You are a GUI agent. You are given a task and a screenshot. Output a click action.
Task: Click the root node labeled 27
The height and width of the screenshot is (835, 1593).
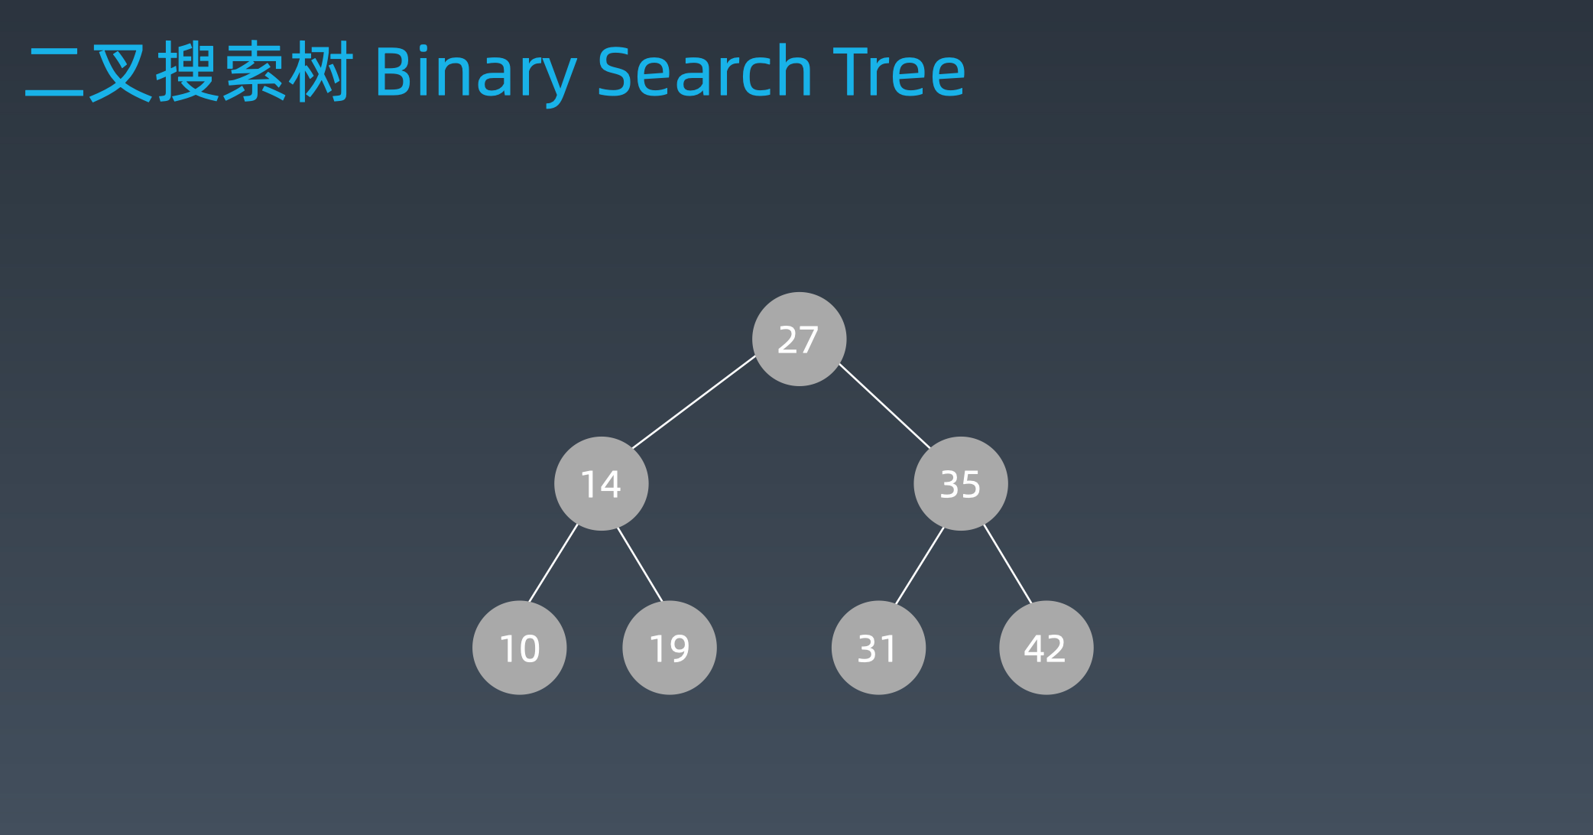coord(799,339)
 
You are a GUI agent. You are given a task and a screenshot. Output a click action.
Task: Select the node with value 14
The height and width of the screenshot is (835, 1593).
coord(601,483)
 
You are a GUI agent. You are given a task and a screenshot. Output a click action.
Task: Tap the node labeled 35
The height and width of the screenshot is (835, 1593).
coord(960,483)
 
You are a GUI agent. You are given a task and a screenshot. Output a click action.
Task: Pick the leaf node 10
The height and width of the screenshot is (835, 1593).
coord(519,648)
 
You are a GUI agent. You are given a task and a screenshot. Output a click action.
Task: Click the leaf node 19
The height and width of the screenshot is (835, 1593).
coord(669,648)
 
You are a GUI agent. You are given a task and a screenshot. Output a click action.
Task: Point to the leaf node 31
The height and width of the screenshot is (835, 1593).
coord(878,648)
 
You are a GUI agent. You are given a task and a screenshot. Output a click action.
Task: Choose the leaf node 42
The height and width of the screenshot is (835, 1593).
coord(1046,648)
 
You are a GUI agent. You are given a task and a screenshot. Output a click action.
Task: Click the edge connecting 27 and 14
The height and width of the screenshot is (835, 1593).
coord(693,402)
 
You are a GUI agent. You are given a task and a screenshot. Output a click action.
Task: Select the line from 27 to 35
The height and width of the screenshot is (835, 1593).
coord(884,406)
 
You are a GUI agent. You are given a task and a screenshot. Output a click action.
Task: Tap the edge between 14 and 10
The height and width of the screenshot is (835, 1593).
coord(553,564)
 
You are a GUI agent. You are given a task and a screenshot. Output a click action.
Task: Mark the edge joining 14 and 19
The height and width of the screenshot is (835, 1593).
coord(640,564)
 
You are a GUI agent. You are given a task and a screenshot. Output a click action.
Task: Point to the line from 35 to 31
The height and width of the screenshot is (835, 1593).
coord(920,566)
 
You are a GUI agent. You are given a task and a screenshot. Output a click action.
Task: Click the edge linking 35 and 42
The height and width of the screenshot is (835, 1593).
coord(1007,564)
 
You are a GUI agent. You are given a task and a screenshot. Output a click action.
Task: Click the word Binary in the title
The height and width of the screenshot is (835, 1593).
coord(475,73)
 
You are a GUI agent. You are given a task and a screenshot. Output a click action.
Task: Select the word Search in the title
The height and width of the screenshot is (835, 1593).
coord(703,73)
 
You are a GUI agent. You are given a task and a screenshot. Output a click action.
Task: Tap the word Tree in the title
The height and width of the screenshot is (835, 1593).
coord(899,73)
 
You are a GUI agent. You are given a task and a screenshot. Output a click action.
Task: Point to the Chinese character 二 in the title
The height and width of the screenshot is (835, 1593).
coord(54,73)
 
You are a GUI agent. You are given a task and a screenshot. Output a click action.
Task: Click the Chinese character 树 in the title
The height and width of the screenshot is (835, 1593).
coord(320,73)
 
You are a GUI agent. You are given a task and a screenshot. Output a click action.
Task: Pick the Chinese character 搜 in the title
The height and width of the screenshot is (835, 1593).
coord(187,73)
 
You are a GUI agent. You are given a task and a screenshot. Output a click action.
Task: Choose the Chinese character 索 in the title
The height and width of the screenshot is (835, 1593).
coord(255,73)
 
